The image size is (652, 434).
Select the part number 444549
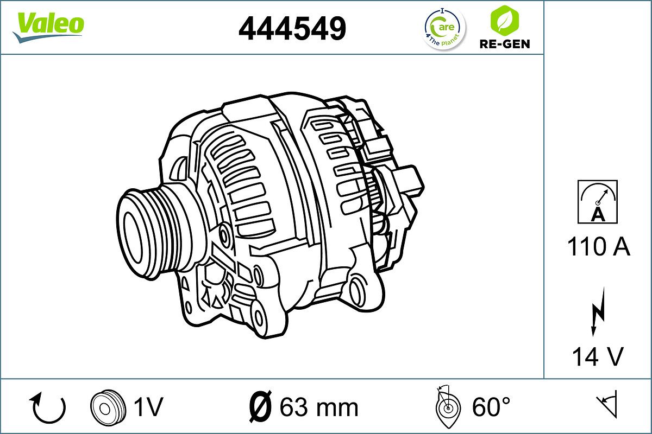point(292,28)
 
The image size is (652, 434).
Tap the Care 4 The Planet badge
point(444,28)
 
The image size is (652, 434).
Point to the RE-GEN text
point(504,44)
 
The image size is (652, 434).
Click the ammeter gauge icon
point(597,202)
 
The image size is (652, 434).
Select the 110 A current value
point(598,247)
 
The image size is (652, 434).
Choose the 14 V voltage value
point(597,356)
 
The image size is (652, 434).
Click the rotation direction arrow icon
point(49,408)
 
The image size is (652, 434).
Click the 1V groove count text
point(148,407)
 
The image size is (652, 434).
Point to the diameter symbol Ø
point(261,407)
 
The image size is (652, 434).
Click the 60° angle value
point(492,407)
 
